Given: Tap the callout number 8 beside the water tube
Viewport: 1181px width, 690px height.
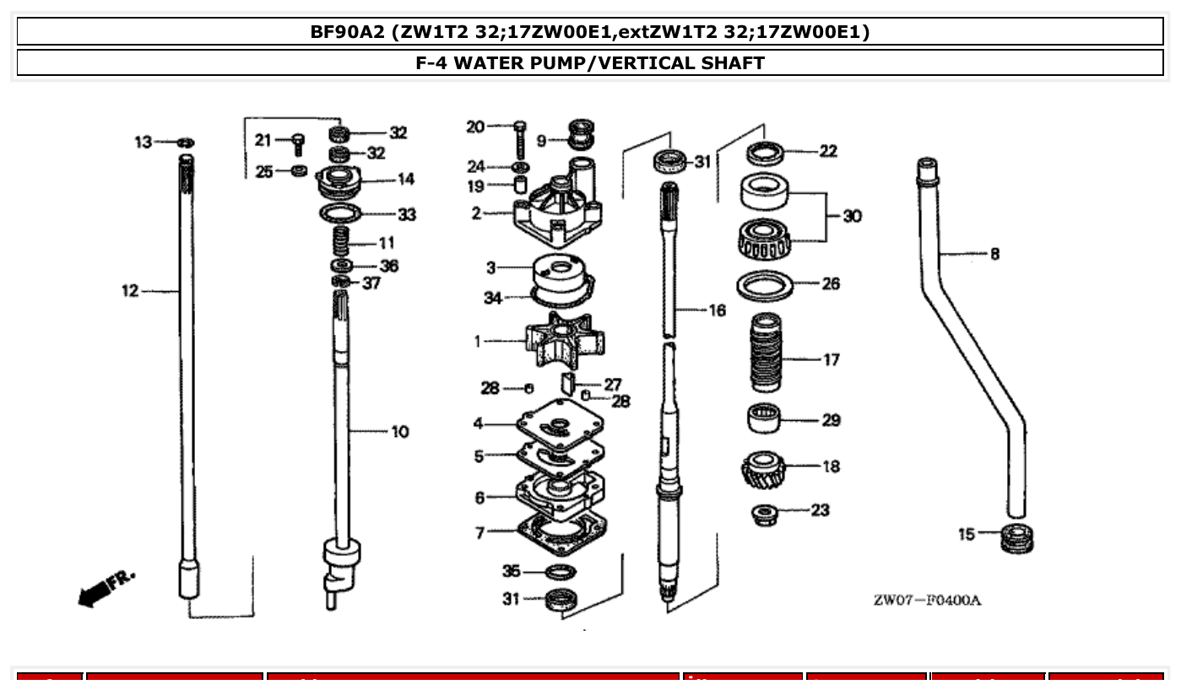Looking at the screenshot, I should click(x=994, y=253).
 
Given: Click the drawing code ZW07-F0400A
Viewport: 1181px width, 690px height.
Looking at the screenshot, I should click(x=927, y=601).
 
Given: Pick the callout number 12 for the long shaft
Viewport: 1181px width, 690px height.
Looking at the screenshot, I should click(x=129, y=291).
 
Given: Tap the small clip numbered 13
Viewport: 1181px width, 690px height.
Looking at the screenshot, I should click(x=187, y=142).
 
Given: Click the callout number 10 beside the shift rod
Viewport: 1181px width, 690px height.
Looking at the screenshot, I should click(x=399, y=432).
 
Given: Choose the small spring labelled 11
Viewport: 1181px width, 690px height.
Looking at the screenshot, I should click(x=340, y=242).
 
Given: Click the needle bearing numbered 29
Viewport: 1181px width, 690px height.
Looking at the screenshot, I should click(x=764, y=419).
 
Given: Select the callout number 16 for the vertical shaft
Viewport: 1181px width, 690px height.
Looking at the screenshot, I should click(x=717, y=310).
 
